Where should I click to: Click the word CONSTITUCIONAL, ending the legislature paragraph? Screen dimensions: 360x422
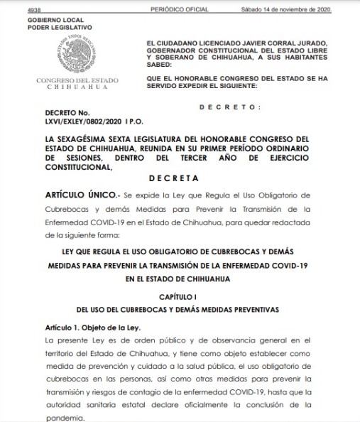78,167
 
